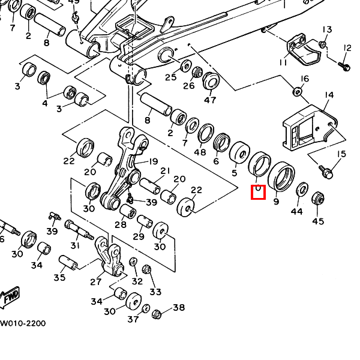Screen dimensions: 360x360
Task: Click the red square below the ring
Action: [257, 193]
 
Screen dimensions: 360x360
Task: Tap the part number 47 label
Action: [210, 100]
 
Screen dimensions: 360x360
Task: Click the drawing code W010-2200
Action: [22, 323]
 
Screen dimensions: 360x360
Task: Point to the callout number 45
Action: [317, 221]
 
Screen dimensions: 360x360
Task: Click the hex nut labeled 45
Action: [318, 199]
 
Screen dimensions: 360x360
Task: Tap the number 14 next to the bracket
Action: [329, 95]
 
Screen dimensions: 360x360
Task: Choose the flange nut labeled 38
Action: [157, 314]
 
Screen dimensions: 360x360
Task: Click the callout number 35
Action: [59, 277]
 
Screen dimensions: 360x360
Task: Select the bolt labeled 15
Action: [326, 172]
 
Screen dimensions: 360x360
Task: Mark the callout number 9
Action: [276, 202]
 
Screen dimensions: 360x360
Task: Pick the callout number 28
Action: [121, 224]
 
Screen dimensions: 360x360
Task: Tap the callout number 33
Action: [156, 292]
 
